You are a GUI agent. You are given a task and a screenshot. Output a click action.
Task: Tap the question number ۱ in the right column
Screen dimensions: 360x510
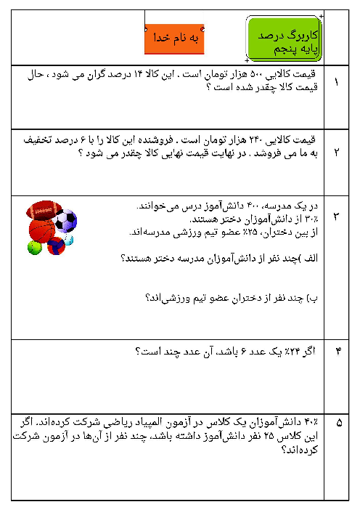pyautogui.click(x=335, y=81)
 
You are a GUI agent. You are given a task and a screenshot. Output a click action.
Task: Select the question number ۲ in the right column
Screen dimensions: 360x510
pyautogui.click(x=335, y=152)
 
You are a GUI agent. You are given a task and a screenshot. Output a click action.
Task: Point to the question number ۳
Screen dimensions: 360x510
pyautogui.click(x=335, y=216)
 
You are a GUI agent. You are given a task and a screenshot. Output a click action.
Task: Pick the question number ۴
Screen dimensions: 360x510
pyautogui.click(x=335, y=352)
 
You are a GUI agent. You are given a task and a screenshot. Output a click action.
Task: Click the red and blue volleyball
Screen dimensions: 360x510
pyautogui.click(x=57, y=246)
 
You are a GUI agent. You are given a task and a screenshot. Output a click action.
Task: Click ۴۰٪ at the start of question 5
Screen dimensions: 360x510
pyautogui.click(x=311, y=421)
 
